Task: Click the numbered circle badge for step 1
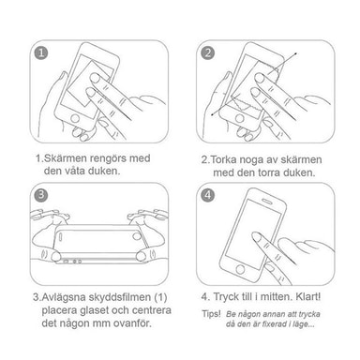[x=41, y=52]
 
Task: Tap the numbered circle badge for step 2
[x=207, y=52]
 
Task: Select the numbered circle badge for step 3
[x=41, y=195]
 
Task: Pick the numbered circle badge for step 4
[x=207, y=195]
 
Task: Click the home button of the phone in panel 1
[x=75, y=118]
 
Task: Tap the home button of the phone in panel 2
[x=240, y=118]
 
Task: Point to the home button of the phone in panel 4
[x=240, y=269]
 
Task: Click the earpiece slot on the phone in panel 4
[x=267, y=200]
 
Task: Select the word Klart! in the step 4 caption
[x=307, y=296]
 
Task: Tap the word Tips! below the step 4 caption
[x=211, y=314]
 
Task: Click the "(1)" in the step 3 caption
[x=160, y=297]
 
